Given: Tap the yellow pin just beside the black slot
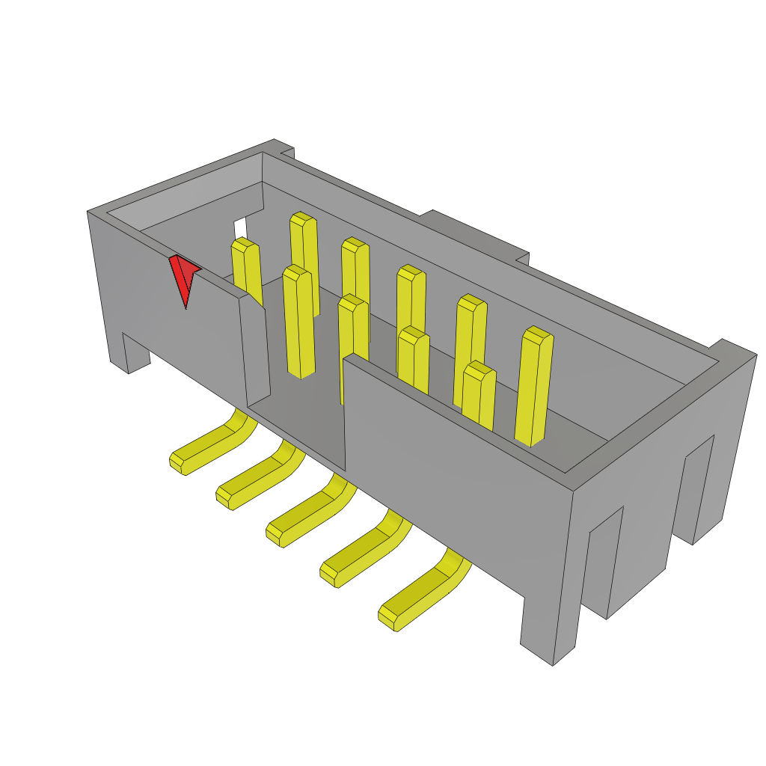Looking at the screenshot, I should (x=246, y=269).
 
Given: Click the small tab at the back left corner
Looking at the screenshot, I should (x=287, y=153).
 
